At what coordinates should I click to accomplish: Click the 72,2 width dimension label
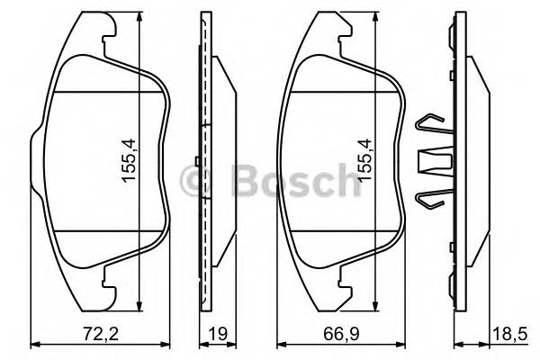click(93, 334)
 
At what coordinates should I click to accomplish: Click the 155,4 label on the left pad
click(129, 161)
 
